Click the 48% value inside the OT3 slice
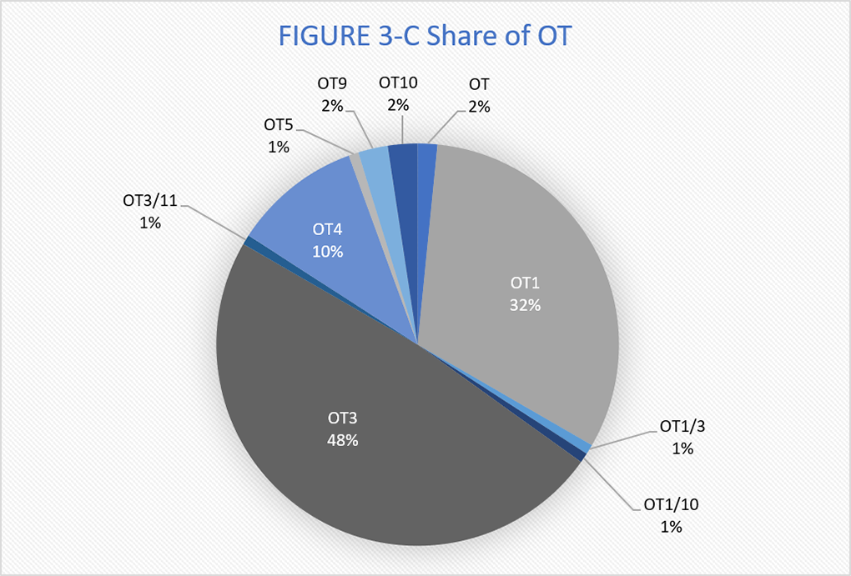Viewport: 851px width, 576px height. (x=342, y=440)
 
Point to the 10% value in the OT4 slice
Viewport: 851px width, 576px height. (x=328, y=251)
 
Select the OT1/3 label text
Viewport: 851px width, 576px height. (x=682, y=426)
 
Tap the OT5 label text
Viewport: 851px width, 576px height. (x=278, y=125)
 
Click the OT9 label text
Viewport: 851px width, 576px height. (x=332, y=83)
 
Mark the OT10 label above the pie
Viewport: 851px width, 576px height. (x=398, y=83)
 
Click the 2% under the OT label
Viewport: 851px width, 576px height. (x=478, y=106)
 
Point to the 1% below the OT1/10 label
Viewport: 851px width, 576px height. (x=670, y=526)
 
